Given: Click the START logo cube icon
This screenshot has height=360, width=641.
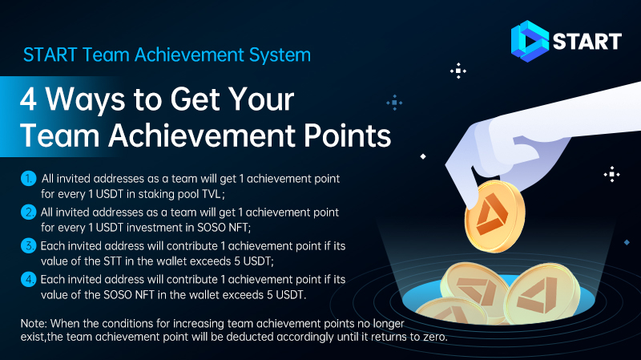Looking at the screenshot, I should [530, 40].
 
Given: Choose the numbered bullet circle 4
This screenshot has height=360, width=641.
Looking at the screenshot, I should [28, 280].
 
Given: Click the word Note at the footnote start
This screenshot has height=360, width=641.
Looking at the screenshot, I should [34, 323].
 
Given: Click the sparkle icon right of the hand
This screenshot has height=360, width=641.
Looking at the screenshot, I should [612, 174].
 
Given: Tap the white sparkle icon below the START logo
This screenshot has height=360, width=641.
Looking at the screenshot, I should [458, 71].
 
